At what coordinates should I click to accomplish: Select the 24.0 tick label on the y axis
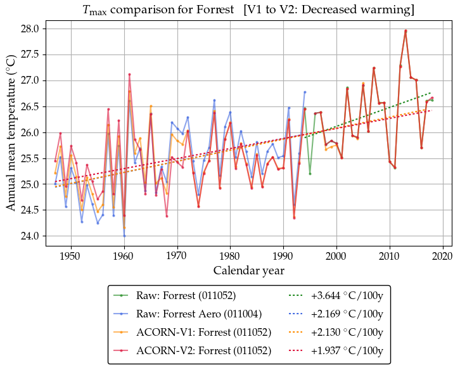tap(30, 236)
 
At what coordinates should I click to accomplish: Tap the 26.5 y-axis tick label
tap(30, 107)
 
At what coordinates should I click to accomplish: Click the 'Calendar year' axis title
tap(248, 271)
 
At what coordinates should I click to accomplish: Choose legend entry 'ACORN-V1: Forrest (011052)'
tap(203, 332)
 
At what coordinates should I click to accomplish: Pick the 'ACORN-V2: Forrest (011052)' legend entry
tap(203, 350)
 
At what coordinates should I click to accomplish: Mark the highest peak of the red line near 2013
tap(406, 30)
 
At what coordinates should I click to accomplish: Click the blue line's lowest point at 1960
tap(124, 236)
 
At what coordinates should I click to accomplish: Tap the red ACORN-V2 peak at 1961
tap(129, 74)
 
